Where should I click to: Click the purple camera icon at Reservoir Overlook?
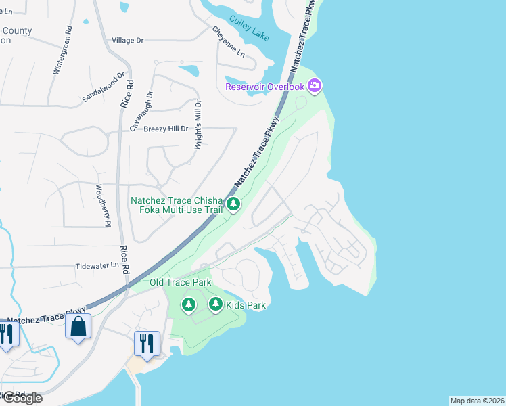(314, 86)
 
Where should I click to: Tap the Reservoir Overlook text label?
(264, 86)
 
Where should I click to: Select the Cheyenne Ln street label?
(228, 41)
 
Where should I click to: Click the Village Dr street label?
(128, 41)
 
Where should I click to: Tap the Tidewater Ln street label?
(97, 265)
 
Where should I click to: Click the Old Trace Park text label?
(181, 282)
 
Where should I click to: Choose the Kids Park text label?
(246, 305)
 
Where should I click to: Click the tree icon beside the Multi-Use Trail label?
(233, 204)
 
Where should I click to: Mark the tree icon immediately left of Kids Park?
(216, 305)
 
